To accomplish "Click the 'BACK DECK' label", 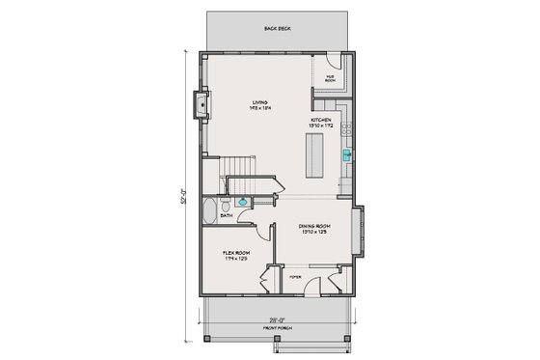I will coord(278,29).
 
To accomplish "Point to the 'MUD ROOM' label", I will coord(329,78).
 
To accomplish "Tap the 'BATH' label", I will coord(226,216).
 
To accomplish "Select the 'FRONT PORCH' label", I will coord(278,327).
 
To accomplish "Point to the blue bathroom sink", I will coord(243,203).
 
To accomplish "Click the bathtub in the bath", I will coord(212,209).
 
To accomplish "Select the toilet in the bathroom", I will coord(226,205).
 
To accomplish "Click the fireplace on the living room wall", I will coord(201,102).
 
